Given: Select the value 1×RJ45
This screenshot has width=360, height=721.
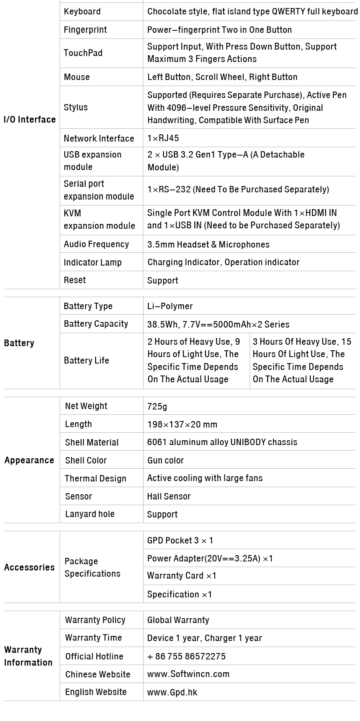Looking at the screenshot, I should tap(163, 138).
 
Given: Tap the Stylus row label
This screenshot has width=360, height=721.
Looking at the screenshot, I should tap(76, 107).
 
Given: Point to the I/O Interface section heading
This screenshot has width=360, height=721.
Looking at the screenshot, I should tap(30, 120).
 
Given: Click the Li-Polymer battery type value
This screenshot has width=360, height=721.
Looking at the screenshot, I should tap(170, 306).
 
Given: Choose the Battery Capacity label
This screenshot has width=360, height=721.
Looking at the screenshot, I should tap(96, 324).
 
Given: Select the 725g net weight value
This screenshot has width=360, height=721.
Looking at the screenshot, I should tap(157, 406).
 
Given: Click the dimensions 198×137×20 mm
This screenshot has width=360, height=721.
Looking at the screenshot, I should tap(182, 424).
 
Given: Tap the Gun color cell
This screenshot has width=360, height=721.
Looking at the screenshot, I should tap(166, 460).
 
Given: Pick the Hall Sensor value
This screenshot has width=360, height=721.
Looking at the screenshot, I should tap(169, 497).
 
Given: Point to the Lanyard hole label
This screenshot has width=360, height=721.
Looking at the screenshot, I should tap(90, 514).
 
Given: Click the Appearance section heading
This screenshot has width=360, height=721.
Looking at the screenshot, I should tap(29, 460).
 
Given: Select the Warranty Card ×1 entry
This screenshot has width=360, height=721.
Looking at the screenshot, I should tap(182, 576).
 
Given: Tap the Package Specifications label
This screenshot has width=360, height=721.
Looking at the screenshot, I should tap(92, 567).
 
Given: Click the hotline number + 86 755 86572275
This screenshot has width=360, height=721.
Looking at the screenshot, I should tap(186, 656).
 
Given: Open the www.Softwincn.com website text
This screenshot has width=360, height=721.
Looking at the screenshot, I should tap(188, 674).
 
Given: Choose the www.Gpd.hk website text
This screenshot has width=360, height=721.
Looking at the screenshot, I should tap(172, 692).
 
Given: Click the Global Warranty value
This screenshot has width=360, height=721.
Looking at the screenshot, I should tap(178, 620).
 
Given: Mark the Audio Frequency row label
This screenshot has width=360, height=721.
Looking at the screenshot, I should tap(96, 244).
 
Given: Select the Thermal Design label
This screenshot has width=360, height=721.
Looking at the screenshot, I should tap(96, 479).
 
